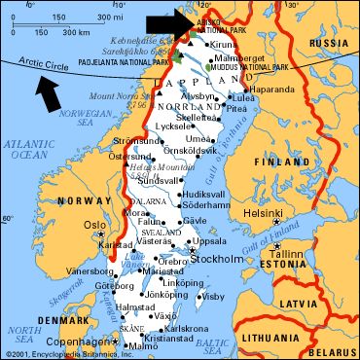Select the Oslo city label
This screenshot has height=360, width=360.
point(94,225)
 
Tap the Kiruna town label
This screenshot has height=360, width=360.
point(224,45)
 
